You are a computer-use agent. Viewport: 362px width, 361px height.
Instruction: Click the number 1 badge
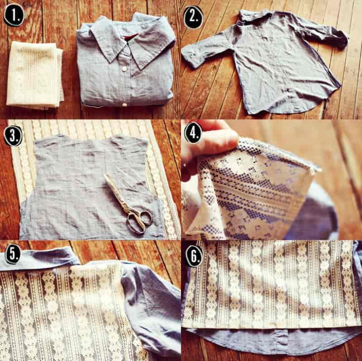point(14,15)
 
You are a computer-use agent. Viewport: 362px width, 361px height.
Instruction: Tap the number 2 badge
point(193,17)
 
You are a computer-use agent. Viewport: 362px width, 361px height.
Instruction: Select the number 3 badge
point(13,136)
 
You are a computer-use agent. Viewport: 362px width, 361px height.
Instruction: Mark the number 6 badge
point(193,256)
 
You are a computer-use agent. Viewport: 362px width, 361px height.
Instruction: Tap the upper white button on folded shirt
point(124,69)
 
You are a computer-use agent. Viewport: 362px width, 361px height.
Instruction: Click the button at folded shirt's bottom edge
point(124,104)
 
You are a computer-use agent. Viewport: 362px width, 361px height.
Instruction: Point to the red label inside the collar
point(131,37)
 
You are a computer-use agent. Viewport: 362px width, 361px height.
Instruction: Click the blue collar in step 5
point(38,258)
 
